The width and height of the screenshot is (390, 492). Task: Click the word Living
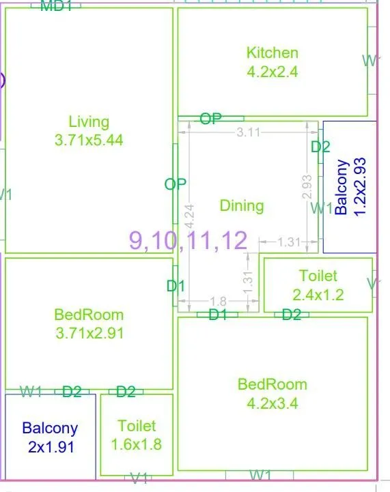pos(89,122)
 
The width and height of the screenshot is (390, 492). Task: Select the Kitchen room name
pos(272,53)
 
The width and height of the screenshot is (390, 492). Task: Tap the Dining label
pos(242,205)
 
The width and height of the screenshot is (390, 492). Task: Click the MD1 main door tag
pos(57,7)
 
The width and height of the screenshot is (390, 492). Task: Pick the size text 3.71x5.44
pos(89,140)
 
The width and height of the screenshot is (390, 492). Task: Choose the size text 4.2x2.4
pos(272,70)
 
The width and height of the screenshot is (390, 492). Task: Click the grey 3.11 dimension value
pos(248,132)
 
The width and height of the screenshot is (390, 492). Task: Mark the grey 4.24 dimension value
pos(189,216)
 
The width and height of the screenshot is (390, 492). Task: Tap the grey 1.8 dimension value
pos(219,302)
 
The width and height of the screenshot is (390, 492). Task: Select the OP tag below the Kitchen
pos(211,119)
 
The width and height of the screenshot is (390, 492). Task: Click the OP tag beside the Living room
pos(176,184)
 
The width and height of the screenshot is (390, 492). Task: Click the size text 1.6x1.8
pos(137,444)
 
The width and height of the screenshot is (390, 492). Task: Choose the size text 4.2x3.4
pos(272,403)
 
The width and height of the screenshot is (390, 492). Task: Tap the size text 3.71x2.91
pos(89,333)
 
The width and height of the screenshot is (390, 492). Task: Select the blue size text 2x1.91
pos(50,448)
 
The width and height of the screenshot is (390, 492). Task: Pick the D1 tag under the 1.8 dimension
pos(218,315)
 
